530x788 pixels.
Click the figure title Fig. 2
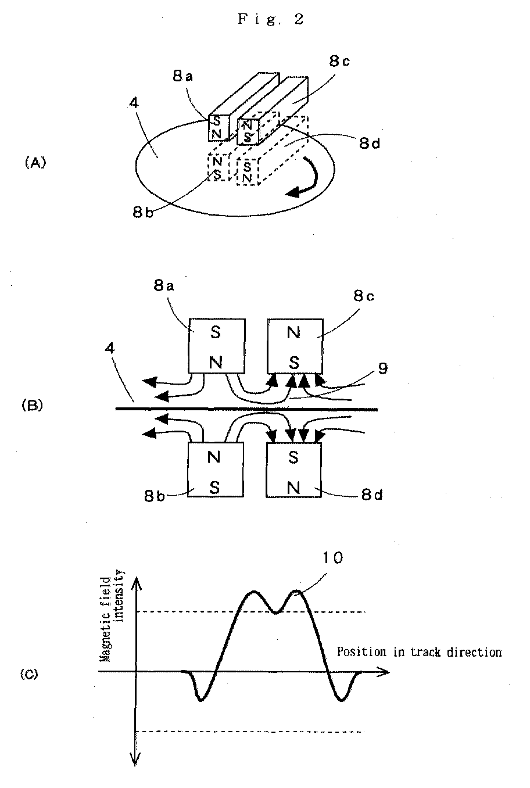[x=270, y=19]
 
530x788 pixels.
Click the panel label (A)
[x=35, y=163]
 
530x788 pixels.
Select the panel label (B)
[x=33, y=405]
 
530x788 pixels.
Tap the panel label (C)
[x=29, y=674]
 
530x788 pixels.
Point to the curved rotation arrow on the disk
[x=312, y=180]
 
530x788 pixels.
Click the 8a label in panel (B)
[x=164, y=286]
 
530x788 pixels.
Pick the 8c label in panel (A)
[x=339, y=61]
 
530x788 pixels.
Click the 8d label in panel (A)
[x=369, y=143]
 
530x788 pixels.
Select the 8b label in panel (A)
[x=143, y=212]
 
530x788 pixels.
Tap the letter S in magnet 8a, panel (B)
[x=215, y=332]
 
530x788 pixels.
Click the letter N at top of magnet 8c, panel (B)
[x=293, y=332]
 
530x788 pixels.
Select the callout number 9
[x=382, y=368]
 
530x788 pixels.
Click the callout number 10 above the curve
[x=332, y=558]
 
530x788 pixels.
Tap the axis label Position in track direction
[x=419, y=652]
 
